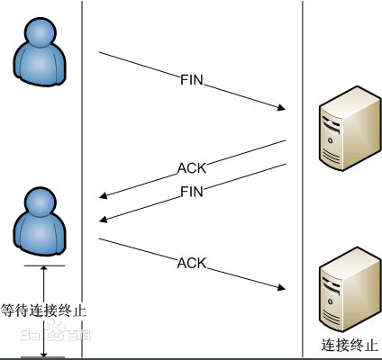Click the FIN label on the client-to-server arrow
tap(192, 81)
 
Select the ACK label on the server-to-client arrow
tap(192, 167)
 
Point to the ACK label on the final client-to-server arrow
tap(192, 263)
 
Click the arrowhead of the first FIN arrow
tap(281, 110)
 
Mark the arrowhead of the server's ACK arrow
tap(102, 194)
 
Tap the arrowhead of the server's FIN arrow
tap(102, 219)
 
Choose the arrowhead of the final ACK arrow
tap(281, 290)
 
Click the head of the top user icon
tap(41, 34)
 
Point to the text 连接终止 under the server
tap(350, 346)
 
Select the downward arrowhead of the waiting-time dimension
tap(42, 352)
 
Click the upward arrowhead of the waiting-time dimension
tap(42, 270)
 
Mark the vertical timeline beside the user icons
tap(82, 135)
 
